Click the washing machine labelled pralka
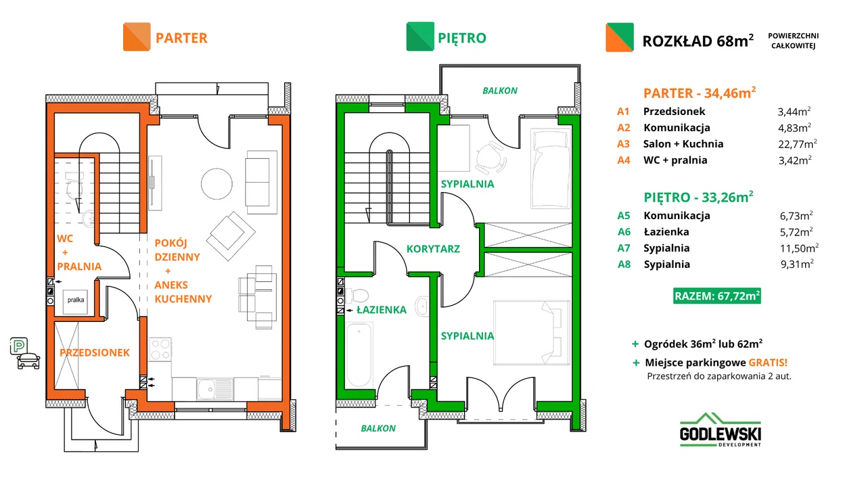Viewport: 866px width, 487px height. pos(75,302)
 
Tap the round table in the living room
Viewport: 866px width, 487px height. pos(216,184)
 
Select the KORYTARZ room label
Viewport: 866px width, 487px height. pos(433,249)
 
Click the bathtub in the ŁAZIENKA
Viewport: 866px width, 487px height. pos(359,355)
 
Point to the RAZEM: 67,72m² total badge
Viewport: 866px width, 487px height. pos(716,296)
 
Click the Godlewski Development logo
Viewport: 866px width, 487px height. pos(721,430)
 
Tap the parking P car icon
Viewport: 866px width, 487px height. pos(24,353)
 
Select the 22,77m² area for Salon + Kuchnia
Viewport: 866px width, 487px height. pos(797,144)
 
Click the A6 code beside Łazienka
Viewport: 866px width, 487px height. pos(624,232)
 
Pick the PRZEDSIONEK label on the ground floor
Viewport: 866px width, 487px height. pos(94,352)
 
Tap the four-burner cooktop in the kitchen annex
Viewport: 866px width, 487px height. pos(160,350)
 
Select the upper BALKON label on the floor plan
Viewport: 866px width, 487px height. pos(499,91)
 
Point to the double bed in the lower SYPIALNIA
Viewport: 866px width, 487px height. pos(532,333)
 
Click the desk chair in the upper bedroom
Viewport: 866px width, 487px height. pos(491,158)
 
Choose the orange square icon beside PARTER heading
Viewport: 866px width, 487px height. pos(137,37)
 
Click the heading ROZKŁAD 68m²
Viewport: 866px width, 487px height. pos(698,41)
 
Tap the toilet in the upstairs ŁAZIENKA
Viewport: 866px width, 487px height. pos(358,296)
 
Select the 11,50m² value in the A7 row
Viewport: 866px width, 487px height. pos(799,248)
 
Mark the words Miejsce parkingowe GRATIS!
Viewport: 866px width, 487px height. pos(716,363)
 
